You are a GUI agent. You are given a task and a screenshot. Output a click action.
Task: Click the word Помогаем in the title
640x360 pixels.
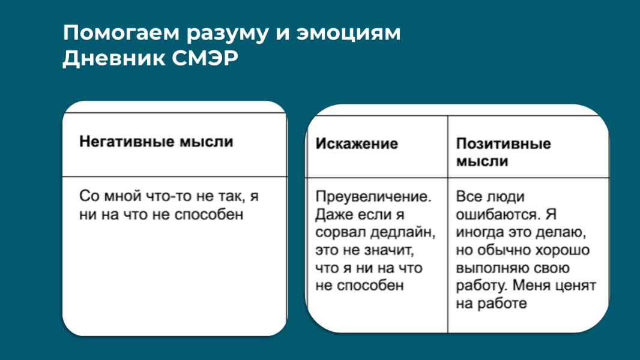(121, 33)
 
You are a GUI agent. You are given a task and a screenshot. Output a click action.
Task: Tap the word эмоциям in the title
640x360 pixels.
(349, 33)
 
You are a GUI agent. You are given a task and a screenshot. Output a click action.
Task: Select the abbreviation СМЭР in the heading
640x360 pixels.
(205, 58)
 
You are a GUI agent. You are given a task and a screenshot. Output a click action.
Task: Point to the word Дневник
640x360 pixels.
(114, 59)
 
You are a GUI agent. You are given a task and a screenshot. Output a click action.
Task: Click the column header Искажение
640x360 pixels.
(357, 144)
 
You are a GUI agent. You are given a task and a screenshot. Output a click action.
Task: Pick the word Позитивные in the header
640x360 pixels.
(503, 143)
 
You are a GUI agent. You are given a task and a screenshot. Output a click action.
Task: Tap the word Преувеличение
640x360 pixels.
(373, 197)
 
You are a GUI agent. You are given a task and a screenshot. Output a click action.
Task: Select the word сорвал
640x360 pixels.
(340, 232)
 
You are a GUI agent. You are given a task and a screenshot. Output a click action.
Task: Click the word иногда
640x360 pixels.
(479, 232)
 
